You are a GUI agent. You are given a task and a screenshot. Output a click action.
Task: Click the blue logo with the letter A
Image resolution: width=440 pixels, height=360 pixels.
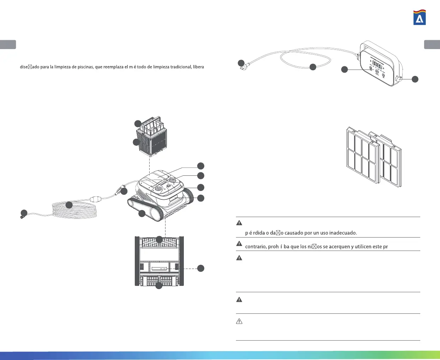pyautogui.click(x=420, y=18)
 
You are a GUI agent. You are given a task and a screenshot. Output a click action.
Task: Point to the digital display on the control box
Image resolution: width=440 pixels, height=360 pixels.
pyautogui.click(x=377, y=66)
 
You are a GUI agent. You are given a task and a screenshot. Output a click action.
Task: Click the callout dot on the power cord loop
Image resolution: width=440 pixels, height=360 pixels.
pyautogui.click(x=313, y=67)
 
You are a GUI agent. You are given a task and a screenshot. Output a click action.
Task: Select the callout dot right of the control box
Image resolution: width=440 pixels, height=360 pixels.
pyautogui.click(x=415, y=79)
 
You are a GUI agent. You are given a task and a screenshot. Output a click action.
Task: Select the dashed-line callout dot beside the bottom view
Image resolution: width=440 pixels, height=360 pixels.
pyautogui.click(x=200, y=268)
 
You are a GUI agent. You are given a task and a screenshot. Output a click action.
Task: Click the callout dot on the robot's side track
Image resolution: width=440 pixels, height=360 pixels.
pyautogui.click(x=142, y=214)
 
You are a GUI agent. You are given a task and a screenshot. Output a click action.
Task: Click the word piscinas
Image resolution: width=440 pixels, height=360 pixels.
pyautogui.click(x=83, y=67)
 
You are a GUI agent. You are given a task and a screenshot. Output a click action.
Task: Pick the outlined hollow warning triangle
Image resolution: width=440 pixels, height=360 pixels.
pyautogui.click(x=239, y=322)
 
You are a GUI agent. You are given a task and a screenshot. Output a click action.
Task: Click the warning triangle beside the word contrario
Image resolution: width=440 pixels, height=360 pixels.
pyautogui.click(x=239, y=244)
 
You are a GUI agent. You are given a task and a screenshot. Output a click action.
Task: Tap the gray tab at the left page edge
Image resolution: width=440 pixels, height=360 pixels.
pyautogui.click(x=8, y=44)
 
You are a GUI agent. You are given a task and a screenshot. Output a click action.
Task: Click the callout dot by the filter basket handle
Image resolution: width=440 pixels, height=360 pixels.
pyautogui.click(x=138, y=124)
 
